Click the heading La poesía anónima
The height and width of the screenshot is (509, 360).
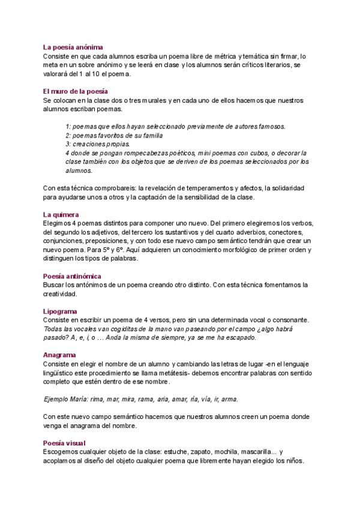(73, 47)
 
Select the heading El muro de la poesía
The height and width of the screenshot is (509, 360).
(75, 91)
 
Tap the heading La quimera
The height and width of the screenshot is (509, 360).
(62, 214)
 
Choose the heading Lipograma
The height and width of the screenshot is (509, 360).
(60, 312)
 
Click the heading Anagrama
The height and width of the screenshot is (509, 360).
(59, 355)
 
